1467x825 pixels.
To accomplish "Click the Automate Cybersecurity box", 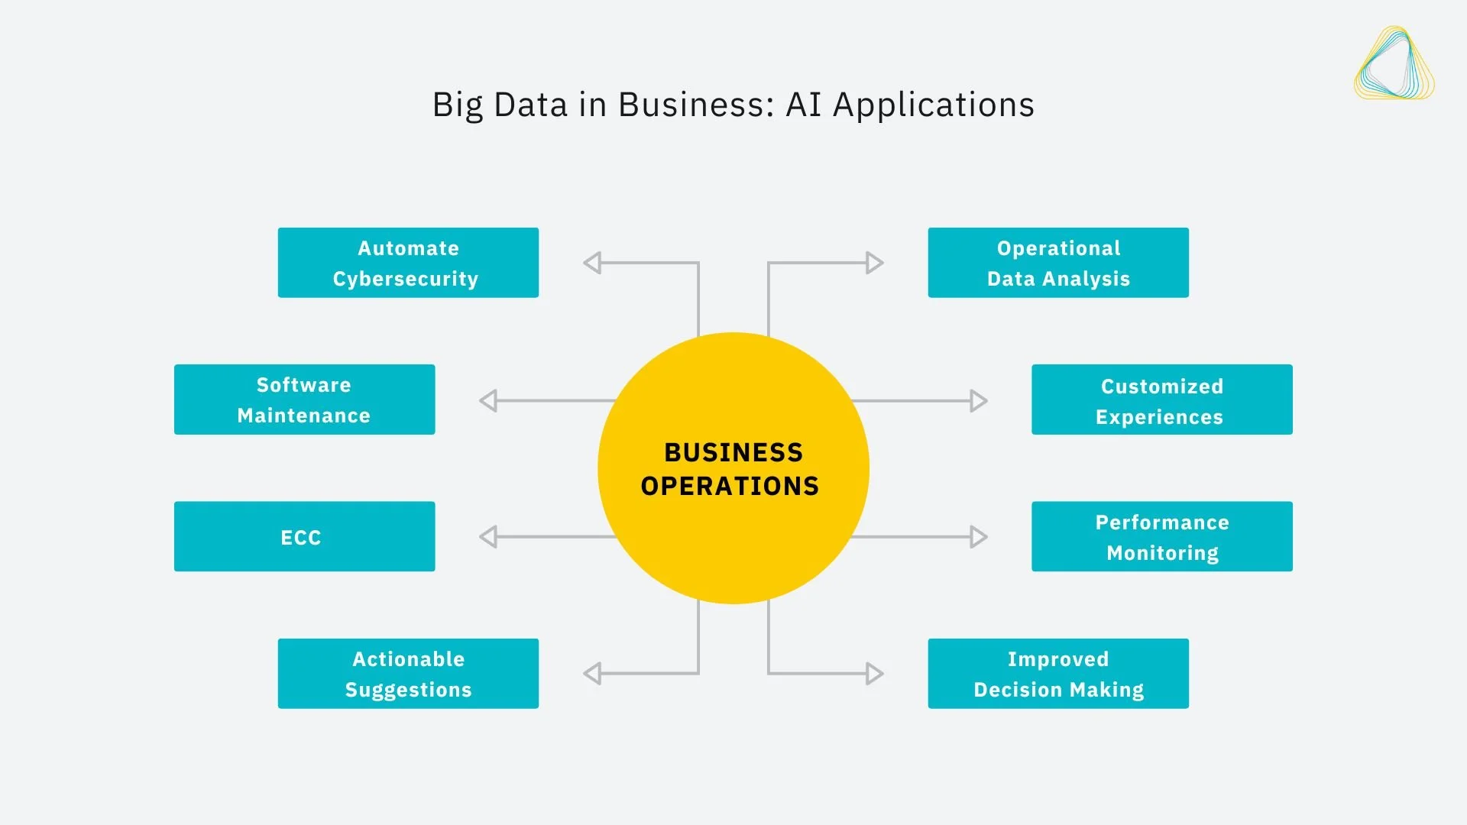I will tap(408, 263).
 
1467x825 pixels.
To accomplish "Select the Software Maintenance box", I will tap(304, 400).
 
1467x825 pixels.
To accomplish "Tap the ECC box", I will tap(304, 536).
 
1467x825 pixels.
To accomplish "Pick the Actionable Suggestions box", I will tap(408, 674).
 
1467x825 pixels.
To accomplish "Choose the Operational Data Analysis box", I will tap(1058, 263).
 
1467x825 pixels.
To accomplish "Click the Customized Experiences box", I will tap(1161, 400).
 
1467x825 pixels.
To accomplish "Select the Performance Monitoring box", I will tap(1161, 536).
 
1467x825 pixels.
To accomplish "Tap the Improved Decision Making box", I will tap(1058, 674).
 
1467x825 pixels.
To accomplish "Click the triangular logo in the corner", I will tap(1394, 64).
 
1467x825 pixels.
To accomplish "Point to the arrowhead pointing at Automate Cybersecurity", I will tap(592, 263).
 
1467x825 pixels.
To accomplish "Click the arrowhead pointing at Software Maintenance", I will tap(488, 400).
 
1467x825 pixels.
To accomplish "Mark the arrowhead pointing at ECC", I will tap(488, 537).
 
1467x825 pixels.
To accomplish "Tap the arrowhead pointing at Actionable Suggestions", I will tap(592, 674).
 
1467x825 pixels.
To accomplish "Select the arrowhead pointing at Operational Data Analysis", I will tap(875, 263).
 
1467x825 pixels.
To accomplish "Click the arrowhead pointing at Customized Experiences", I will tap(978, 400).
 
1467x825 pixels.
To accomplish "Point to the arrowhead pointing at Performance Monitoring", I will tap(978, 537).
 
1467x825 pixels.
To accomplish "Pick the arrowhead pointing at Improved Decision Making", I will tap(875, 674).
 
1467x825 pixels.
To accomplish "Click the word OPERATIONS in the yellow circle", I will tap(730, 487).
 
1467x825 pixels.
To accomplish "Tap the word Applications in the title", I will tap(934, 105).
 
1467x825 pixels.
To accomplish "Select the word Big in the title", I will tap(457, 105).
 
